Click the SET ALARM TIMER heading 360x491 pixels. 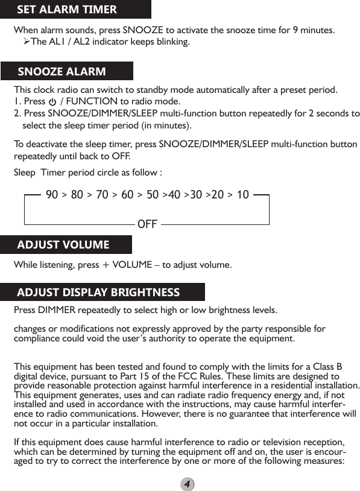[x=66, y=10]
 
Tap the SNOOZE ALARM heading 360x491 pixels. [x=62, y=72]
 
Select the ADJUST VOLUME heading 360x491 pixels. [x=63, y=244]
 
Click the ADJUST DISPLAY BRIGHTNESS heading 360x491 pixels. [x=98, y=293]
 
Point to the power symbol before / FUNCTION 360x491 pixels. [x=52, y=101]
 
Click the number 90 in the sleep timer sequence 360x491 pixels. [x=52, y=195]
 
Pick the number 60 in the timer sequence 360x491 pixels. [x=127, y=195]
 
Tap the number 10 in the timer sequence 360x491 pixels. [x=242, y=195]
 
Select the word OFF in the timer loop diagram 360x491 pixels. [x=147, y=224]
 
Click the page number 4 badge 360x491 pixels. [x=188, y=484]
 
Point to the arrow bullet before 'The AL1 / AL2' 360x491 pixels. [x=27, y=42]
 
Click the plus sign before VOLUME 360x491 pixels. [x=106, y=265]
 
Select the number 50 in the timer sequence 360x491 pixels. [x=153, y=195]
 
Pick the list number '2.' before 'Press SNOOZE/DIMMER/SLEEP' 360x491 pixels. [x=17, y=113]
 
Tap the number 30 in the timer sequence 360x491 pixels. [x=196, y=195]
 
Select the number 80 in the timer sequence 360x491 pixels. [x=77, y=195]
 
